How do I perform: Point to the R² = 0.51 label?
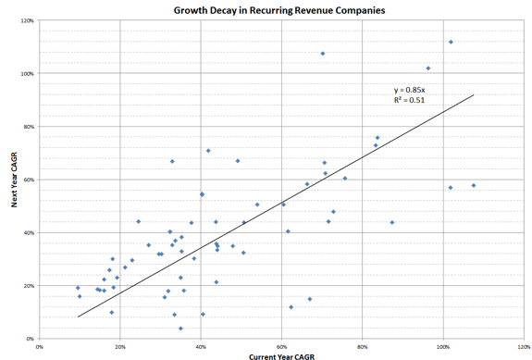[410, 102]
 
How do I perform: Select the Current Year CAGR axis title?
[281, 354]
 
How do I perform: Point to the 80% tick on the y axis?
[28, 127]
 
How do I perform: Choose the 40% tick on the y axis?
[28, 233]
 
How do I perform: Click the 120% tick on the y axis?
[27, 20]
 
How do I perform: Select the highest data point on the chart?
[451, 42]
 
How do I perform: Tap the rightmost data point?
[473, 185]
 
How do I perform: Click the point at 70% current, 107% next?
[322, 54]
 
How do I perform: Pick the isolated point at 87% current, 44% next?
[391, 222]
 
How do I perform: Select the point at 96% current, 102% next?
[427, 68]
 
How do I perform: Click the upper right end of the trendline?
[474, 94]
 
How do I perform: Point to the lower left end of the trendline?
[78, 317]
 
